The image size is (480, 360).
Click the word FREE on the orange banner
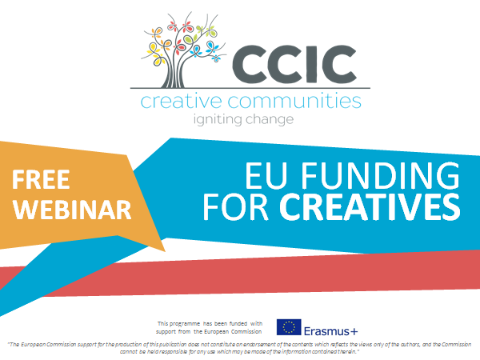coord(41,179)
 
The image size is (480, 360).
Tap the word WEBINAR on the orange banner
coord(72,210)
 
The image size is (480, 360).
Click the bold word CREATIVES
coord(370,206)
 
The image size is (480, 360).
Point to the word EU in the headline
coord(266,176)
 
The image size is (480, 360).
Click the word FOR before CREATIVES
coord(236,206)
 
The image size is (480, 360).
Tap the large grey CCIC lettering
coord(294,64)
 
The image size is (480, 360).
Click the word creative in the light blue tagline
coord(182,102)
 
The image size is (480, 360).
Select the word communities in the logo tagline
coord(294,102)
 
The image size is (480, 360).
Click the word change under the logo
coord(270,119)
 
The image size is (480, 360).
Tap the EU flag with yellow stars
coord(289,327)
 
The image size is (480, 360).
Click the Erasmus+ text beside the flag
coord(330,331)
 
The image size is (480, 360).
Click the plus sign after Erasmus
coord(354,331)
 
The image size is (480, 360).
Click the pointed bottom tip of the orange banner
coord(165,251)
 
